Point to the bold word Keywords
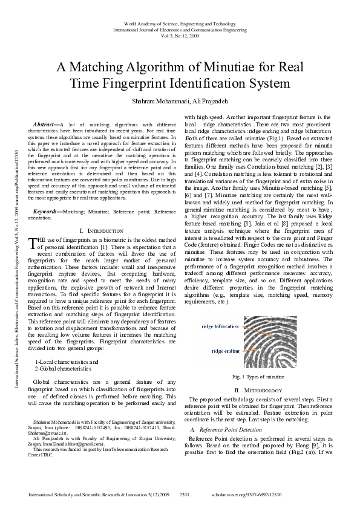(x=46, y=212)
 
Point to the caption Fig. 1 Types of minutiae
(x=258, y=377)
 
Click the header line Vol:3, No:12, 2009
(x=180, y=34)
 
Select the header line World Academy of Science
(x=180, y=22)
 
